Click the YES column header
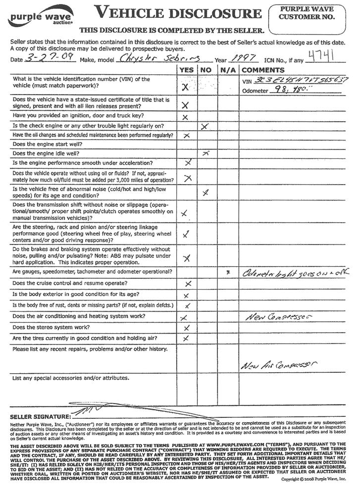pos(186,70)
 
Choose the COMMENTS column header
pos(263,70)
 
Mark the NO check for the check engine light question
pos(206,127)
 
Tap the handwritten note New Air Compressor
pos(279,365)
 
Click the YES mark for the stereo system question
pos(187,328)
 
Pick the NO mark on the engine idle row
pos(205,154)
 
